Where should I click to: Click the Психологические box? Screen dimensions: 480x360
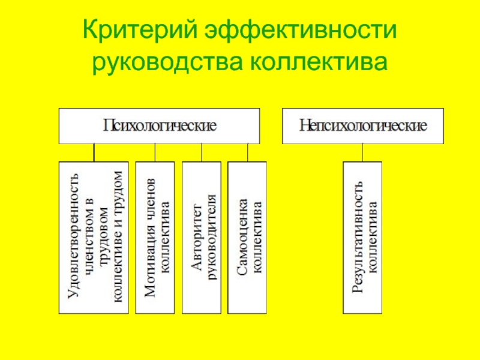(159, 126)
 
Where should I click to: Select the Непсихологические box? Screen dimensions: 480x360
(364, 126)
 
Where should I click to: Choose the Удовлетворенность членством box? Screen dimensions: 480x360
(93, 237)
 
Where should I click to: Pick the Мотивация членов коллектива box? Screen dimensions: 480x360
(155, 237)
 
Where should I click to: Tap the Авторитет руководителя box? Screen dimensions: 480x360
(201, 237)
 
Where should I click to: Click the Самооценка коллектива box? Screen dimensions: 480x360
(247, 237)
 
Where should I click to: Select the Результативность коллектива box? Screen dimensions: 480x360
(362, 237)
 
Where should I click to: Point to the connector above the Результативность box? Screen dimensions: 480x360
(362, 152)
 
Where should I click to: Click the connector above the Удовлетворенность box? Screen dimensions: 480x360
(94, 152)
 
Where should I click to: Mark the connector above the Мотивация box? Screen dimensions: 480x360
(155, 152)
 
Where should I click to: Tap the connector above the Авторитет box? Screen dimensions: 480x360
(202, 152)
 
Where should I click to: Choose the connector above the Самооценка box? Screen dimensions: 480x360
(247, 152)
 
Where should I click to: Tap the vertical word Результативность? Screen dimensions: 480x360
(356, 238)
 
